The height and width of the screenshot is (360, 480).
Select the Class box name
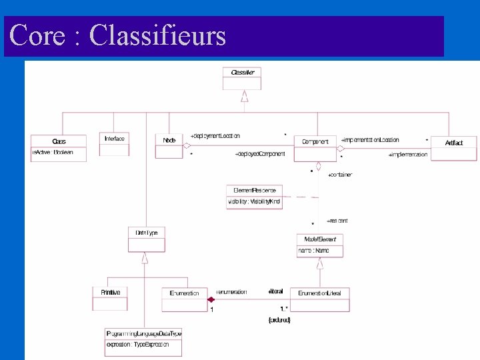[59, 141]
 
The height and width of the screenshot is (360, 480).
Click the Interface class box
[114, 143]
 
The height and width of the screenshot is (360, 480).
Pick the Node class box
[169, 146]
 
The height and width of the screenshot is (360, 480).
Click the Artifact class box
[453, 147]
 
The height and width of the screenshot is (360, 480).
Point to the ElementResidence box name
[254, 191]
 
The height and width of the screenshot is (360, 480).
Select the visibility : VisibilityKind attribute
[254, 202]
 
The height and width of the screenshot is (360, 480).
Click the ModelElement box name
[320, 239]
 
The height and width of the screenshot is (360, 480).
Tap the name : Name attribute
[313, 251]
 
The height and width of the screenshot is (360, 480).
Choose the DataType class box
[146, 239]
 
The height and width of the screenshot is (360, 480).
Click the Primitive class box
[110, 297]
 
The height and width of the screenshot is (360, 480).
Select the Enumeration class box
[185, 298]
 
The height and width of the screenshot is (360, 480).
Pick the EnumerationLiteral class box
[323, 298]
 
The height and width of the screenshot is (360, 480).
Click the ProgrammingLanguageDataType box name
[143, 333]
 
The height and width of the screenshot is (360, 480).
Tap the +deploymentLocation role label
[215, 136]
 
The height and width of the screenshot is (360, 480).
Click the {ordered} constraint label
[279, 320]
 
